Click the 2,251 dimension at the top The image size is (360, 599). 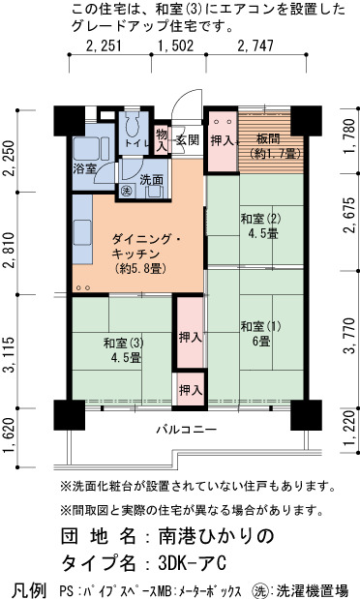(104, 45)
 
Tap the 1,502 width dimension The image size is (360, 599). (176, 45)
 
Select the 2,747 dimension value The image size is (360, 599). (255, 45)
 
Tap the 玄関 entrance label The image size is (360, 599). (188, 139)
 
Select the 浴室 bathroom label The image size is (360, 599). (84, 168)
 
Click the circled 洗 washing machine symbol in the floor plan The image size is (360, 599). (126, 191)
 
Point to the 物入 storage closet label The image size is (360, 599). (162, 139)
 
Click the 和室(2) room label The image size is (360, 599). (261, 219)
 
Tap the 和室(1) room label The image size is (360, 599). (261, 326)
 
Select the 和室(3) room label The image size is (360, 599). (124, 343)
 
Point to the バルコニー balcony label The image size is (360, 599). (187, 430)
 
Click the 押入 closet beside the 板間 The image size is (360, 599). (223, 140)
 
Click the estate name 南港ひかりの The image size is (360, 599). (217, 536)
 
